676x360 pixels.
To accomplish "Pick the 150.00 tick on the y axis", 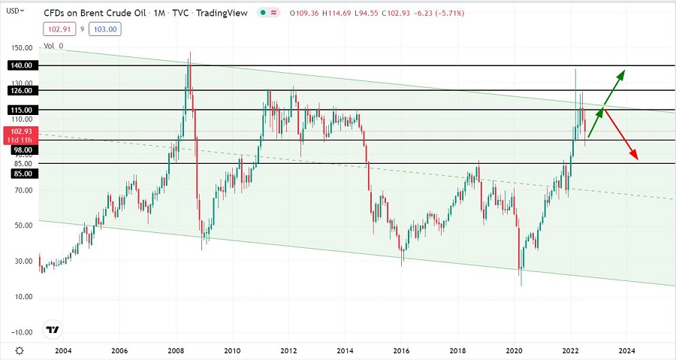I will point(21,47).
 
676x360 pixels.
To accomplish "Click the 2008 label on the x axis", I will point(176,351).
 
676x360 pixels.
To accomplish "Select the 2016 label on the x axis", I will point(402,351).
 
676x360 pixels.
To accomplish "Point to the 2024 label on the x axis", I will point(627,351).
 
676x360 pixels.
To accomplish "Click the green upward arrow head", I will point(621,74).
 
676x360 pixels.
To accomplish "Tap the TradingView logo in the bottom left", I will point(52,329).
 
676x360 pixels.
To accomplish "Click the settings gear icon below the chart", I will point(19,351).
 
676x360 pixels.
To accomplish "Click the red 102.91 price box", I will point(54,29).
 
